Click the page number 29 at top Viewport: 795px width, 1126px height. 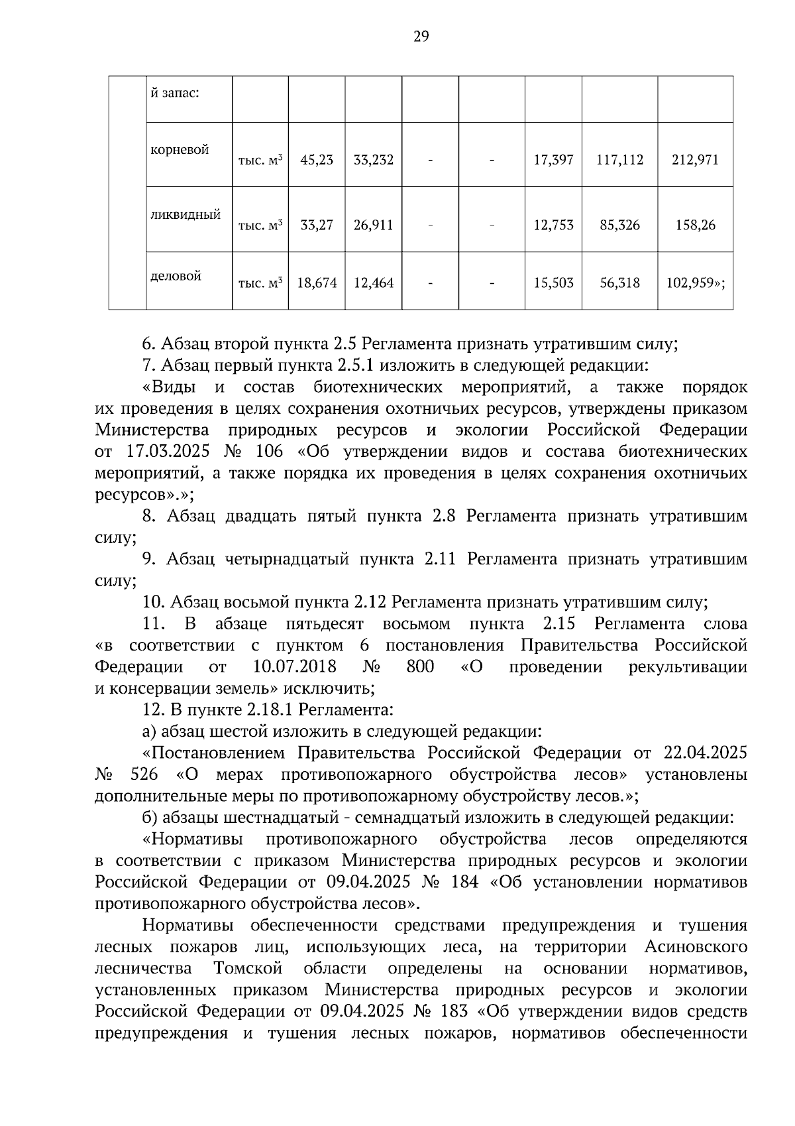pos(421,36)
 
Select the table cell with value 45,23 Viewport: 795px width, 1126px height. pos(317,160)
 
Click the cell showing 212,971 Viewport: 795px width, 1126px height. pos(695,160)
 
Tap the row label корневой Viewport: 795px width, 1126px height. pos(180,150)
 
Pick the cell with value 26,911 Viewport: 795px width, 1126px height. pos(373,225)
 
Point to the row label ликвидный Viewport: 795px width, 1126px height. pos(185,215)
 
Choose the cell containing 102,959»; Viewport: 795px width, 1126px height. pos(695,283)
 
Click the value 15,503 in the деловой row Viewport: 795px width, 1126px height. pos(553,283)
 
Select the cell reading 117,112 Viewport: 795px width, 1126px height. pos(619,160)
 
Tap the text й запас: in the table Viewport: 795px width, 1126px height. pos(175,93)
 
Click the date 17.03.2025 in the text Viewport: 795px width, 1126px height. pos(168,452)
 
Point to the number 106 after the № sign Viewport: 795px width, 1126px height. pos(269,452)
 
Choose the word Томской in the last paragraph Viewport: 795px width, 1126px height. pos(248,969)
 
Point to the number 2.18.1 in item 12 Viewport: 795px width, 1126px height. pos(270,710)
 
